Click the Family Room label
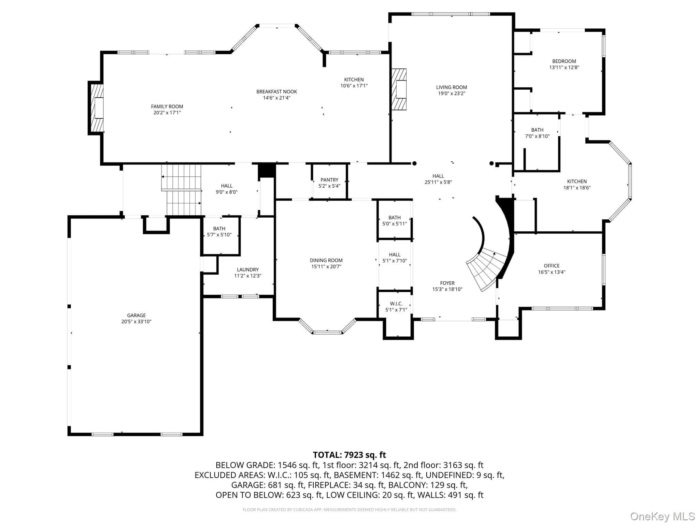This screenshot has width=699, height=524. [167, 106]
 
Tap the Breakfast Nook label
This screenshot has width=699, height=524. [277, 91]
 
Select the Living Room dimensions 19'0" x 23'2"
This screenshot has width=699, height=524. [452, 93]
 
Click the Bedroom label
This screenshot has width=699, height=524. [564, 61]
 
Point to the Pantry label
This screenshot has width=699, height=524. [329, 180]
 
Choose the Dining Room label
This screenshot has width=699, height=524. [326, 260]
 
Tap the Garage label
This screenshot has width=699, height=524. [137, 315]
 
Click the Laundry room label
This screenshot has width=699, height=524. [248, 270]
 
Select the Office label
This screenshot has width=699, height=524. [552, 266]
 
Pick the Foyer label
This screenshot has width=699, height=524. [447, 283]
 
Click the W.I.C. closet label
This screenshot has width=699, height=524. [396, 304]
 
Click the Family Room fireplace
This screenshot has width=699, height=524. [96, 108]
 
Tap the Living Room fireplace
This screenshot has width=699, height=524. [399, 89]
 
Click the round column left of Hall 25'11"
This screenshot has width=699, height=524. [414, 163]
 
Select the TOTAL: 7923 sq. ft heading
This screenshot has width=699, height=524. [349, 455]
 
